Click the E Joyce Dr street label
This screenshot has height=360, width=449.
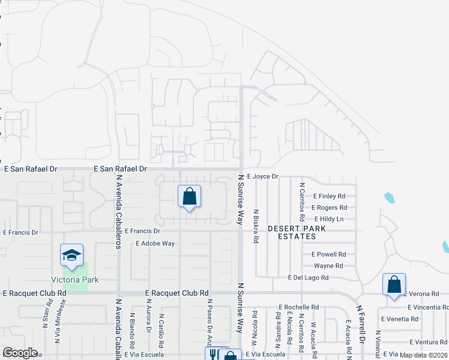tap(263, 177)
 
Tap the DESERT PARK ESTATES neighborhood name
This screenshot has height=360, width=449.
tap(297, 233)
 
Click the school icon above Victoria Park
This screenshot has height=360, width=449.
tap(72, 256)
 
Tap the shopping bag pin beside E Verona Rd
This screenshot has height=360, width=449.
tap(394, 284)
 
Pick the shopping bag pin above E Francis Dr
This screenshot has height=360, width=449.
tap(189, 197)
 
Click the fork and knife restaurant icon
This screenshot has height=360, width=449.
tap(213, 355)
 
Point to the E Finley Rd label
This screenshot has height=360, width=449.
tap(330, 196)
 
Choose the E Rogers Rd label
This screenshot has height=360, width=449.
tap(330, 208)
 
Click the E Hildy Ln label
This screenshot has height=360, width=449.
tap(328, 219)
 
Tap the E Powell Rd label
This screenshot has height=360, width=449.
tap(330, 254)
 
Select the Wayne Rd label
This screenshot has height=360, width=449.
tap(328, 266)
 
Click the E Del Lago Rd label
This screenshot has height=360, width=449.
tap(308, 278)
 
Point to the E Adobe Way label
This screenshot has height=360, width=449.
tap(155, 244)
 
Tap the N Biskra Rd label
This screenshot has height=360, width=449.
tap(256, 226)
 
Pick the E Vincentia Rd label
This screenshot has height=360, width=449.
tap(428, 307)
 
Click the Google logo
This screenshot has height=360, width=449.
tap(20, 353)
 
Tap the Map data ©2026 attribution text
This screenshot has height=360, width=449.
tap(423, 355)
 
